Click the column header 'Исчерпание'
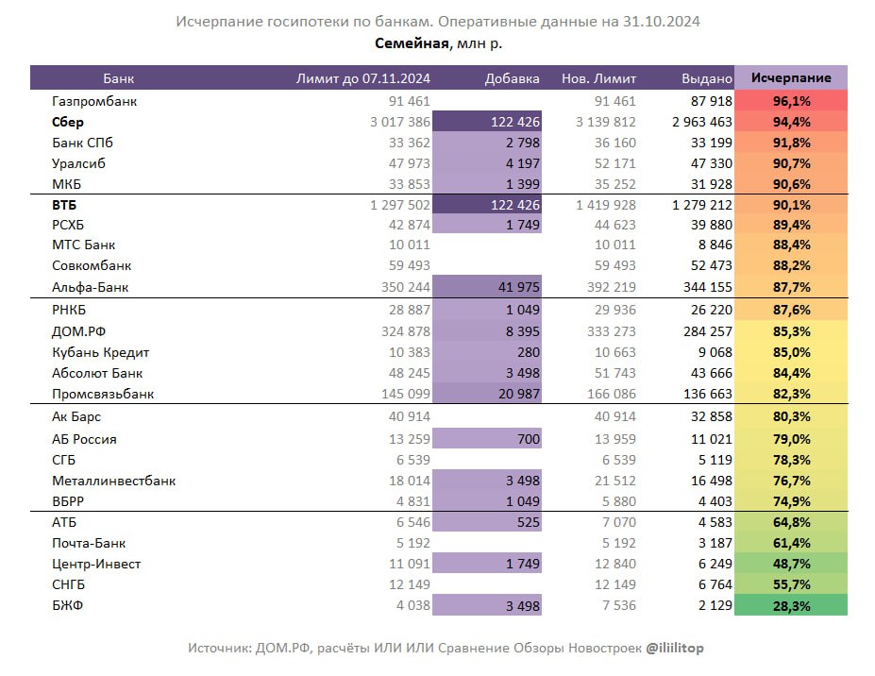click(791, 78)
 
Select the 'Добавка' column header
click(513, 78)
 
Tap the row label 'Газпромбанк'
click(95, 101)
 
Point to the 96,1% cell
click(791, 101)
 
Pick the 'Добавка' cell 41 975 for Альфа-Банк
click(513, 288)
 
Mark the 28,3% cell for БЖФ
click(791, 605)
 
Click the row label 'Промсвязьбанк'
click(103, 394)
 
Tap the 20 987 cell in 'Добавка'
click(513, 394)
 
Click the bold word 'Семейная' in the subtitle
click(412, 42)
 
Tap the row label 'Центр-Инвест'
click(96, 564)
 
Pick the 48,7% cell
click(791, 564)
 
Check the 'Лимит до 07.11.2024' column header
click(363, 78)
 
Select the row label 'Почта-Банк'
click(89, 543)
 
